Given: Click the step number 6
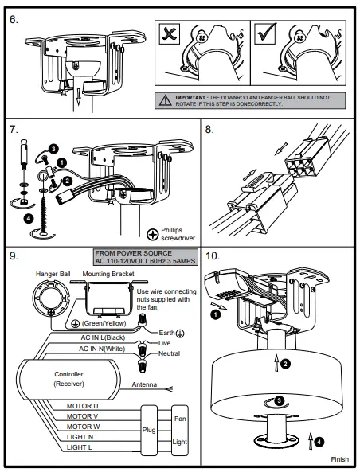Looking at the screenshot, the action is tap(14, 20).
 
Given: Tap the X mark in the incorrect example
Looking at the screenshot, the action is tap(170, 33).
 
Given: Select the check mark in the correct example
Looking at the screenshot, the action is tap(266, 33).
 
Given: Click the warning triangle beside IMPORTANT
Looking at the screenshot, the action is tap(166, 100).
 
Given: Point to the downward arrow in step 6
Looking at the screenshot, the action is tap(78, 97).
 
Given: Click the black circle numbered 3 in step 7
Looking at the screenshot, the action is tap(53, 149).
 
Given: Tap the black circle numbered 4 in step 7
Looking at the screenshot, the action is tap(29, 218).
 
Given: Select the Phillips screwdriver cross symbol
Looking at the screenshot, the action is tap(153, 235).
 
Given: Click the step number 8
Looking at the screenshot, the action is tap(209, 130).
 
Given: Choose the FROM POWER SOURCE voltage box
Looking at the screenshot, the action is tap(146, 257).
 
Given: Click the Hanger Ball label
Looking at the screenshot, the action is tap(53, 274).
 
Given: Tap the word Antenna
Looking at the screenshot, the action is tap(144, 384).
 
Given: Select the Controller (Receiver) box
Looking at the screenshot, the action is tap(68, 380).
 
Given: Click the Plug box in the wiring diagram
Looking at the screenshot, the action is tap(149, 430).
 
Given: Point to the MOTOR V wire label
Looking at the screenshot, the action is tap(82, 416).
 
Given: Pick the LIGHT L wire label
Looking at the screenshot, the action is tap(79, 447).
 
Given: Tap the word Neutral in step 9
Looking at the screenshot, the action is tap(169, 353).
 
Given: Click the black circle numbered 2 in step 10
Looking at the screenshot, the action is tap(285, 364).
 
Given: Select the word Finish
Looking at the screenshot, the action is tap(340, 459).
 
